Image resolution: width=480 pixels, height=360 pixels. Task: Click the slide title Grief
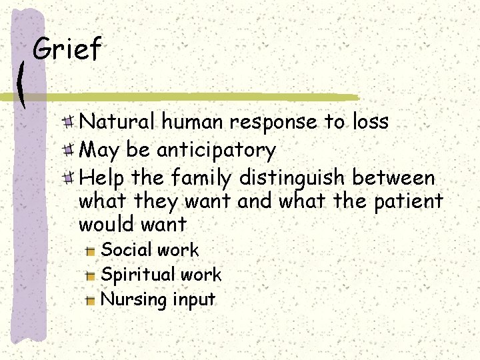(x=67, y=49)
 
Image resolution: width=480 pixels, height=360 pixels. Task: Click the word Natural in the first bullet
(x=117, y=122)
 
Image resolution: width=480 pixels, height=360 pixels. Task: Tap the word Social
(x=125, y=250)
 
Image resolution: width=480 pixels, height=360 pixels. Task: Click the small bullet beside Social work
(x=91, y=251)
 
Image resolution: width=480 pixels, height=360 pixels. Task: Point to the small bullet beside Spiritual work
(x=91, y=275)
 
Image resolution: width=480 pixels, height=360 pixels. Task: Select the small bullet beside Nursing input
(x=91, y=300)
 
